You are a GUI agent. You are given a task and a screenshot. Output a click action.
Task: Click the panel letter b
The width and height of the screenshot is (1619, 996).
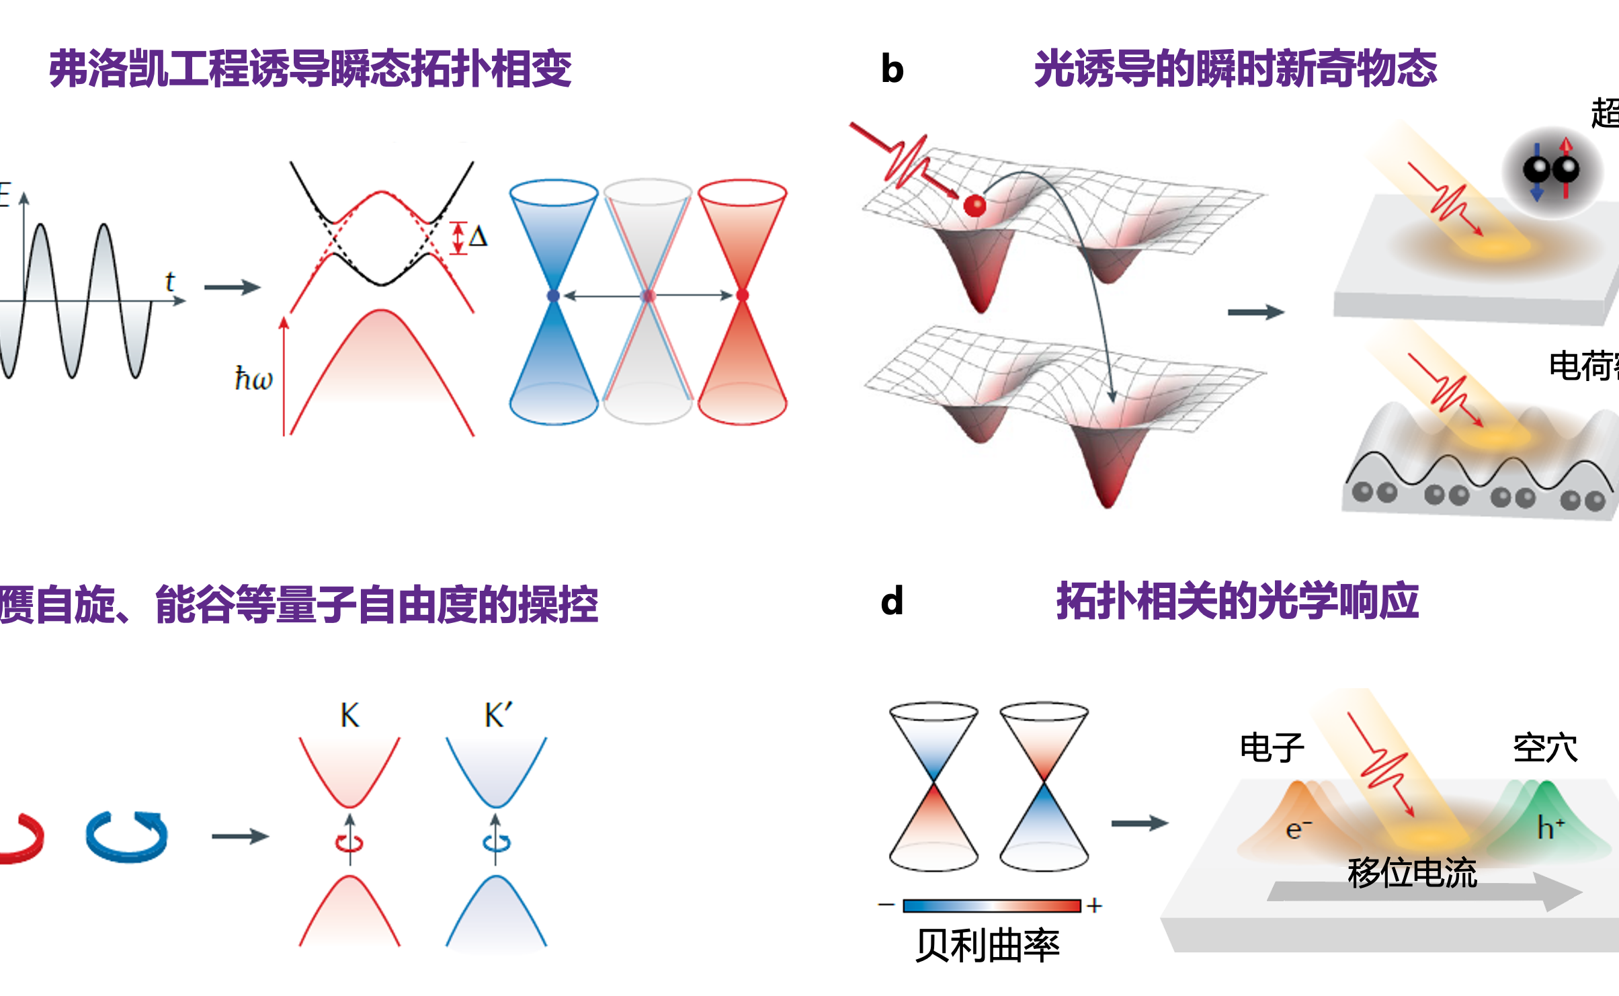click(892, 69)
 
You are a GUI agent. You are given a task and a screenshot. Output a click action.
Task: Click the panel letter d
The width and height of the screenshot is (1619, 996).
click(892, 601)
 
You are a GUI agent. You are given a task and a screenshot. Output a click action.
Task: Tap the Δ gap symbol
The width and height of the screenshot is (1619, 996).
click(478, 237)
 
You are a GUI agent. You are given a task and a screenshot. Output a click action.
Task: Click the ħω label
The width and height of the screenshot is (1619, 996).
click(253, 379)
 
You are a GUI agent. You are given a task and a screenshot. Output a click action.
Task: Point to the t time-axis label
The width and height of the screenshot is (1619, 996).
click(170, 282)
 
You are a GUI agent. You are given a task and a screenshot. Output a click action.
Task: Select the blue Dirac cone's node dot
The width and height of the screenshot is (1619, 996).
click(553, 296)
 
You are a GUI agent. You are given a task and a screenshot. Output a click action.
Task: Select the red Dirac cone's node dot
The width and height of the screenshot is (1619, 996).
click(743, 296)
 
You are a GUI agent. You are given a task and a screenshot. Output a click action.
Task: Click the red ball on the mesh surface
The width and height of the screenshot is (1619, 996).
click(974, 205)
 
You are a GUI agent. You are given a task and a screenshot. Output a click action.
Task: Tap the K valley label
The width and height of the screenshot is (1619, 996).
click(349, 716)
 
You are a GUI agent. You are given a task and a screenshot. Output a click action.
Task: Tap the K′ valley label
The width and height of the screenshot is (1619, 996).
click(498, 716)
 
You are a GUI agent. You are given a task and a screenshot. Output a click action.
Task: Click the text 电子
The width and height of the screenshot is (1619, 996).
click(1272, 748)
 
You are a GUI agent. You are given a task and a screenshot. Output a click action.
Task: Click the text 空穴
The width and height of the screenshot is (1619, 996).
click(1545, 748)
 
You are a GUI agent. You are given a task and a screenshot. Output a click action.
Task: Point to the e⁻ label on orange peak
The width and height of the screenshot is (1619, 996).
click(1298, 829)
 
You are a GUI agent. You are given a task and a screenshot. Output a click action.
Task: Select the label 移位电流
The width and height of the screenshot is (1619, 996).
click(1412, 873)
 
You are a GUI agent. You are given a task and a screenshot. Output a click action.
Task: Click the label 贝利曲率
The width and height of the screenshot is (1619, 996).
click(987, 946)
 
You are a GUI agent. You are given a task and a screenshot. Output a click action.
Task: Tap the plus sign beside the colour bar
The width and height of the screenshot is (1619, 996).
click(1094, 906)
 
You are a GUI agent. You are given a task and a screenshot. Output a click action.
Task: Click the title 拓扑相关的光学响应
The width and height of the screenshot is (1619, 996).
click(1237, 601)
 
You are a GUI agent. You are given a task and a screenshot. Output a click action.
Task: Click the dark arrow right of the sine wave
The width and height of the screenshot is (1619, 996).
click(232, 288)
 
